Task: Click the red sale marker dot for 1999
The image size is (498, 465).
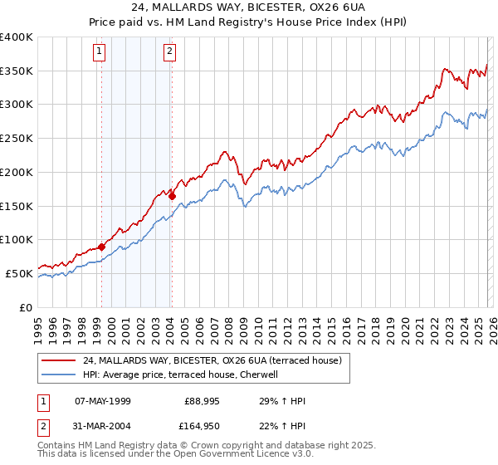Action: [x=101, y=247]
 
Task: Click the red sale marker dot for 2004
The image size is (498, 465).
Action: [x=172, y=196]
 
